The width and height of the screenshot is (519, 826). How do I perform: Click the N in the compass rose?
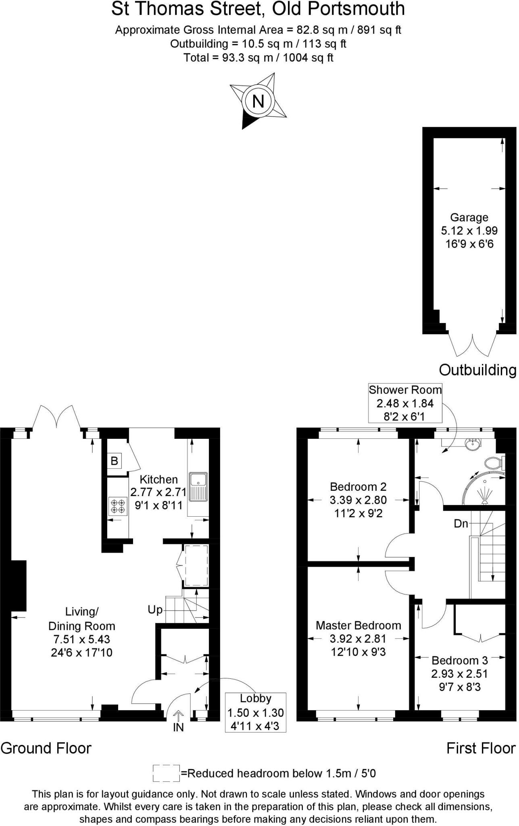pos(258,101)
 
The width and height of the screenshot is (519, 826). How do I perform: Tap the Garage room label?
pos(469,218)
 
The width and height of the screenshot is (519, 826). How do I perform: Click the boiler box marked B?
pos(114,461)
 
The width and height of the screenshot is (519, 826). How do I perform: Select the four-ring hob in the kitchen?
pos(117,506)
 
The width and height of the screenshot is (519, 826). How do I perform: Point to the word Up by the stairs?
pos(155,610)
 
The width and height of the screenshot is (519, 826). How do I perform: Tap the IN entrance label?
pos(178,727)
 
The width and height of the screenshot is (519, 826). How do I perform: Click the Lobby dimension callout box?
pos(256,712)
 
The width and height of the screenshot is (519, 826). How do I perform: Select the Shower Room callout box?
pos(405,403)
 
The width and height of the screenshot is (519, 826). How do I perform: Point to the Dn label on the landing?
pos(461,524)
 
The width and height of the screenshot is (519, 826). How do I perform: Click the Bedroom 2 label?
pos(358,486)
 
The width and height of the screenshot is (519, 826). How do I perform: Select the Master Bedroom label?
pos(358,626)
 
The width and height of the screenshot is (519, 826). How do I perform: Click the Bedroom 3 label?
pos(460,661)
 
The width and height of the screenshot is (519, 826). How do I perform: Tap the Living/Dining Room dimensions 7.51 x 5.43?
pos(82,639)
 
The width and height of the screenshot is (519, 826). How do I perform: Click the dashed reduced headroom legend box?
pos(166,773)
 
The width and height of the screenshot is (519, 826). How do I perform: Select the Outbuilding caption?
pos(477,370)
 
